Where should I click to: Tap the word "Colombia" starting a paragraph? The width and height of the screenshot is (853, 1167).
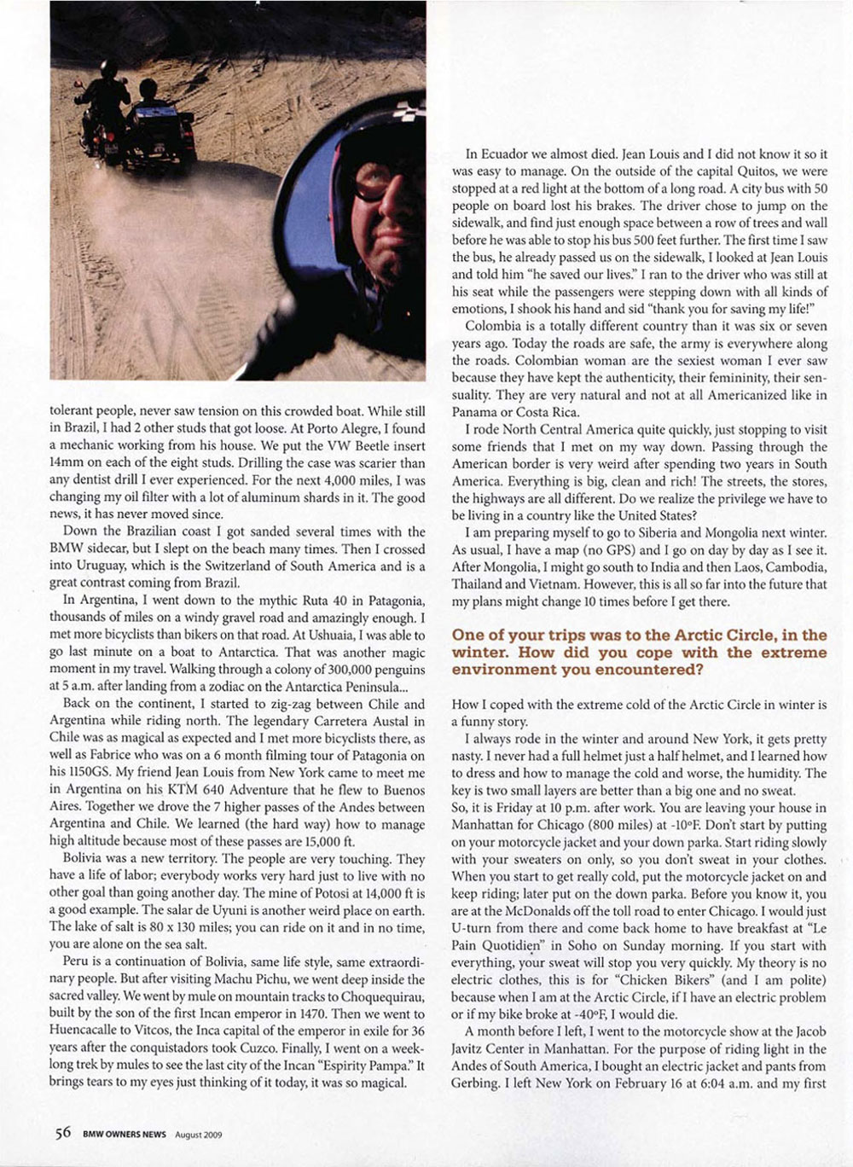(x=494, y=326)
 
